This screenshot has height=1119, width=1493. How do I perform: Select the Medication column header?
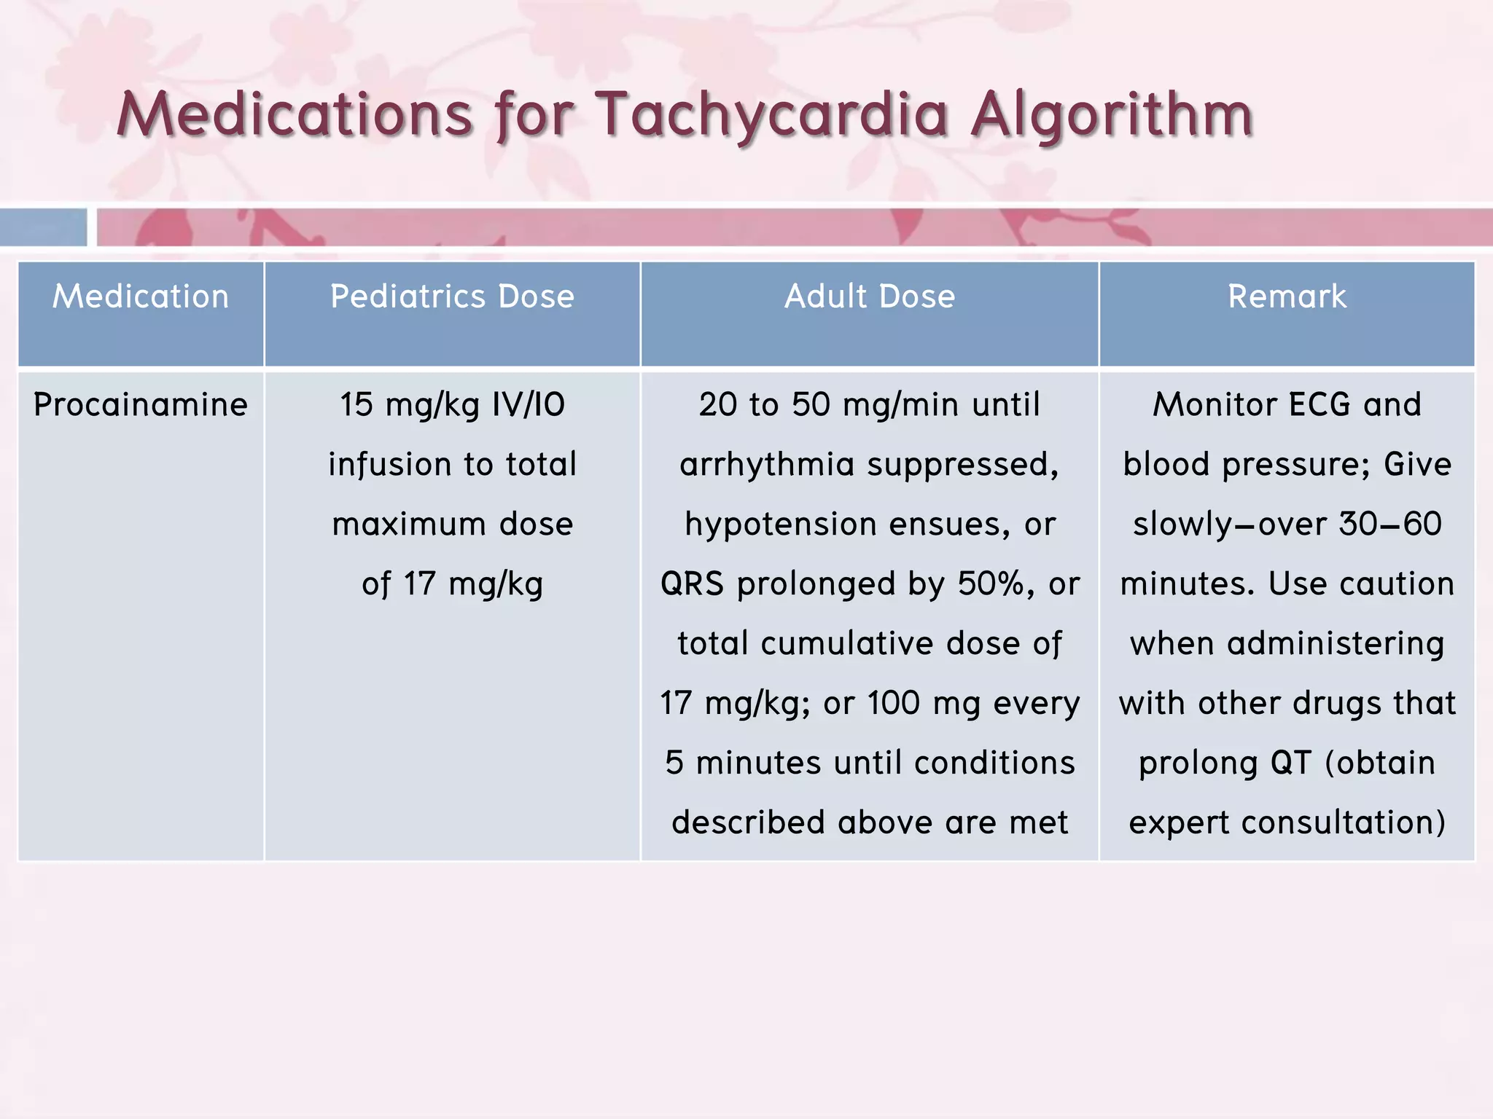[141, 297]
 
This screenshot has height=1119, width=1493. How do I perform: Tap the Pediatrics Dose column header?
[452, 297]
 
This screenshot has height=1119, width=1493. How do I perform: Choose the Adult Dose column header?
[869, 297]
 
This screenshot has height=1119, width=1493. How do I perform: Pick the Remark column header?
[1287, 297]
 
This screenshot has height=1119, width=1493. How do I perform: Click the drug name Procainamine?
[141, 405]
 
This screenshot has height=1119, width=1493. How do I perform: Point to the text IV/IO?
[529, 405]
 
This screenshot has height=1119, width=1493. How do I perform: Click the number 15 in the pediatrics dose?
[356, 405]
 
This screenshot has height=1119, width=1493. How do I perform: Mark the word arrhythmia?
[766, 465]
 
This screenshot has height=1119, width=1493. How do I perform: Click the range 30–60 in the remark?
[1390, 525]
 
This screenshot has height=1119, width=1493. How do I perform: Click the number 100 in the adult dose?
[893, 704]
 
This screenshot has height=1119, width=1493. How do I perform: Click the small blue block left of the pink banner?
[43, 227]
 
